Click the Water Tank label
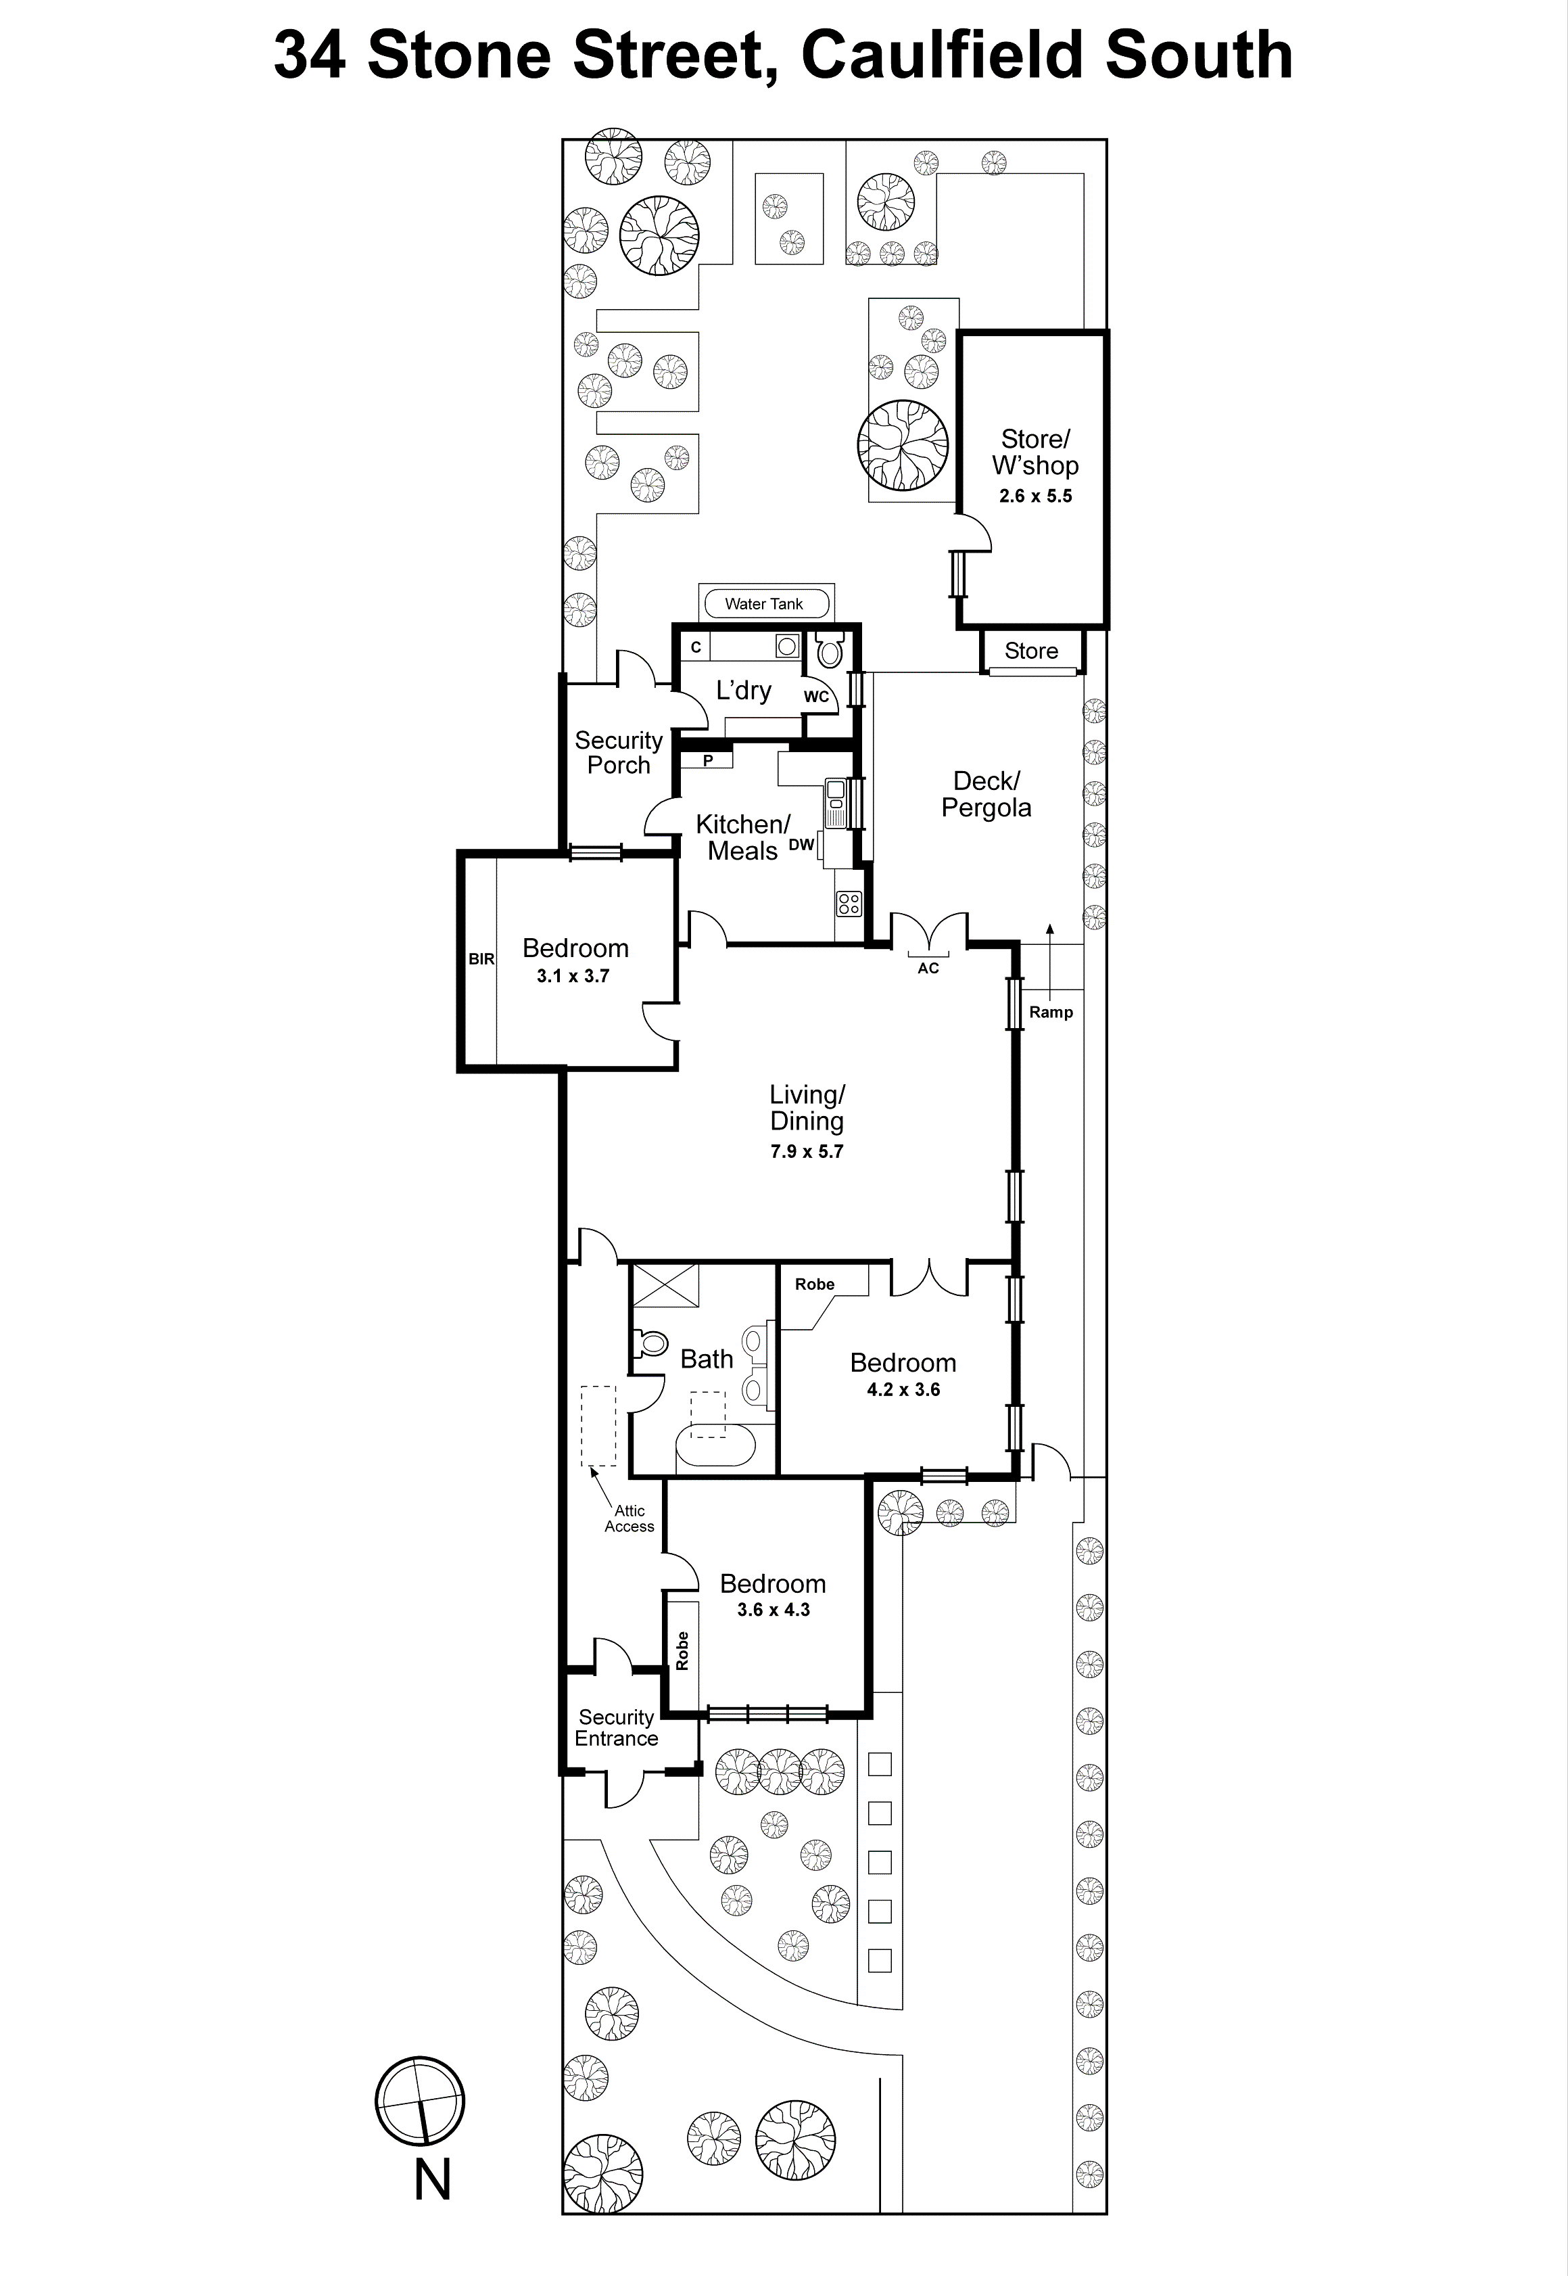[x=763, y=603]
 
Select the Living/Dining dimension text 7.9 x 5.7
[x=807, y=1151]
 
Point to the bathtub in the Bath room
[x=715, y=1445]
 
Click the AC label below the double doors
[x=928, y=968]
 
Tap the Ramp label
[x=1050, y=1013]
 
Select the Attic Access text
[x=629, y=1518]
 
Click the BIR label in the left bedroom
[x=481, y=959]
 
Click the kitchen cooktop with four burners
[x=848, y=903]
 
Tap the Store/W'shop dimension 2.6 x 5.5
[x=1035, y=496]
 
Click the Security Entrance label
[x=616, y=1727]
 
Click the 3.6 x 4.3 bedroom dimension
[x=774, y=1610]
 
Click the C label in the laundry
[x=696, y=647]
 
